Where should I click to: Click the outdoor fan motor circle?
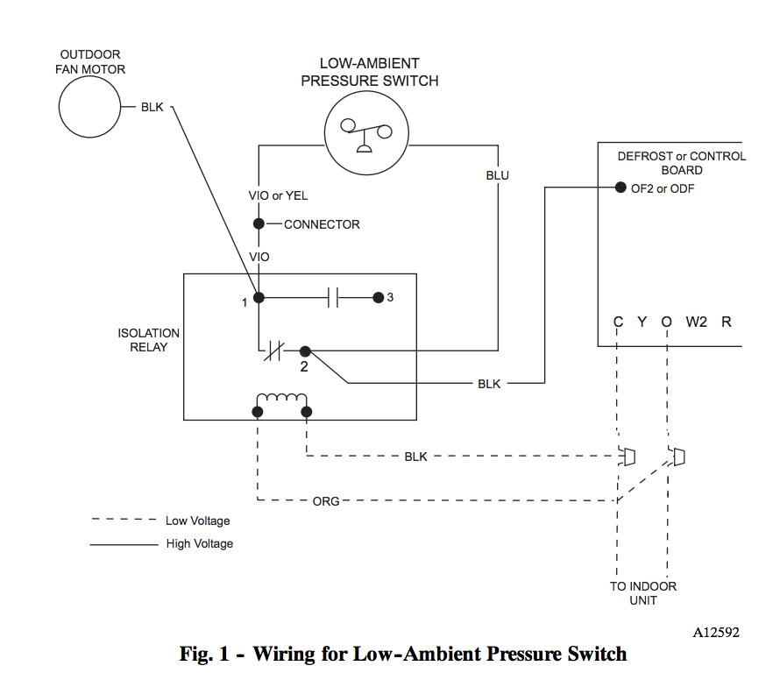click(x=89, y=108)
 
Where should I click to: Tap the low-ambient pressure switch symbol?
click(x=367, y=133)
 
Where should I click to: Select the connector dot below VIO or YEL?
click(x=259, y=224)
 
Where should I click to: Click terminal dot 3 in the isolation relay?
click(x=378, y=298)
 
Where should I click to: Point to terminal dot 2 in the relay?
click(x=305, y=351)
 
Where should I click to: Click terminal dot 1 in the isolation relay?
click(x=259, y=298)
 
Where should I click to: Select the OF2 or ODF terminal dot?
click(x=620, y=188)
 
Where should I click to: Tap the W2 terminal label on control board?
click(x=696, y=322)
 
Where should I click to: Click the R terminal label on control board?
click(x=726, y=322)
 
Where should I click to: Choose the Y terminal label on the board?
click(x=642, y=322)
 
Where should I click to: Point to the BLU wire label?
click(x=498, y=175)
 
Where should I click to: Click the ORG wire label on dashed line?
click(x=326, y=501)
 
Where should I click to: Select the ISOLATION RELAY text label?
click(x=148, y=340)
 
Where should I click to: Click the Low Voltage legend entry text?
click(x=199, y=521)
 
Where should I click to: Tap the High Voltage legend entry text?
click(x=200, y=543)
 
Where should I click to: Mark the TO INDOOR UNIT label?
click(x=643, y=592)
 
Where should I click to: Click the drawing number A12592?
click(x=717, y=632)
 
